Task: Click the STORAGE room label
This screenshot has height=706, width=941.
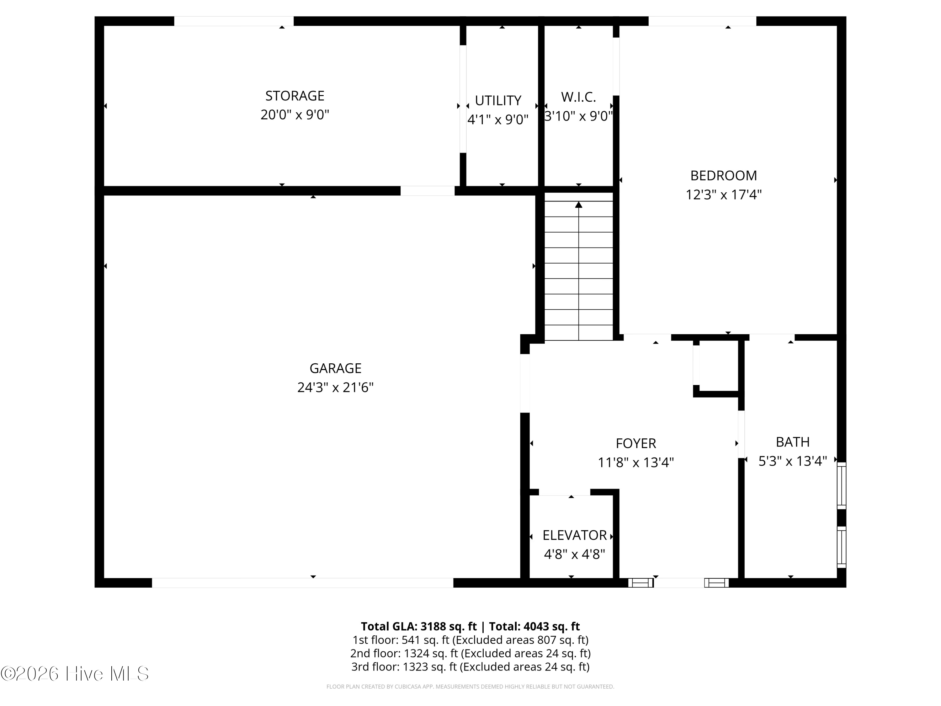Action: click(x=295, y=96)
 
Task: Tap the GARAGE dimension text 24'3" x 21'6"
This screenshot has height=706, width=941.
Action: click(x=335, y=387)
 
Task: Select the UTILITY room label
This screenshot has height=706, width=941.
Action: click(x=498, y=100)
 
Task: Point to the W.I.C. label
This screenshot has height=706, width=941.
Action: click(x=578, y=97)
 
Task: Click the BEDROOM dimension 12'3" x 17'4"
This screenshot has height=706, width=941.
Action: click(x=723, y=195)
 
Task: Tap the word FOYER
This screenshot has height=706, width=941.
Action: click(x=636, y=443)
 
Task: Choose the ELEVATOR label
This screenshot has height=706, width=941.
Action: click(x=574, y=535)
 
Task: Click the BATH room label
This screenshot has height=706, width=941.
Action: click(x=793, y=442)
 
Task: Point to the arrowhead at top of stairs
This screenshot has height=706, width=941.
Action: click(x=578, y=205)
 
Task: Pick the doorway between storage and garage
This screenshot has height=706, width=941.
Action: click(x=428, y=191)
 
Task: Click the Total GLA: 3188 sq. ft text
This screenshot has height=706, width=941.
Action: click(x=419, y=626)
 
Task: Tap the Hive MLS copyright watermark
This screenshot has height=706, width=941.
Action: click(x=75, y=673)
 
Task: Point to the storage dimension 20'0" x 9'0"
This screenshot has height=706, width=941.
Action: click(x=295, y=115)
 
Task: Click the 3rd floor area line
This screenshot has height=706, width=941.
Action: click(x=470, y=666)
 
